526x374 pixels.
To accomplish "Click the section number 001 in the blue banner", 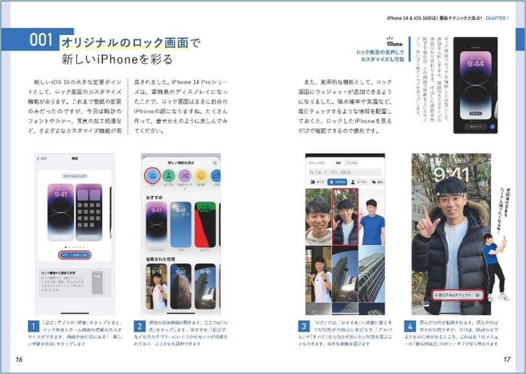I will click(41, 40).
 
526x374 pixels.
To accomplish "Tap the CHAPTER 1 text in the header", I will click(496, 18).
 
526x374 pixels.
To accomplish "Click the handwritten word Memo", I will click(394, 44).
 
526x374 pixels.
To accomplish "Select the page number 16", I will click(19, 359).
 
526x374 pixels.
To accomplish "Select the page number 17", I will click(506, 359).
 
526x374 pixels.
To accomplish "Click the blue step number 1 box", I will click(32, 327).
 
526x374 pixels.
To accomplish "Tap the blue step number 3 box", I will click(304, 327).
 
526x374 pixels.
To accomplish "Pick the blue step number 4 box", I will click(410, 327).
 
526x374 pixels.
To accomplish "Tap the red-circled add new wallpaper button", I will click(75, 254).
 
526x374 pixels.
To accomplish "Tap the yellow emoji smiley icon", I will click(200, 175).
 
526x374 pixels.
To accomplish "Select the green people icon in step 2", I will click(169, 175).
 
